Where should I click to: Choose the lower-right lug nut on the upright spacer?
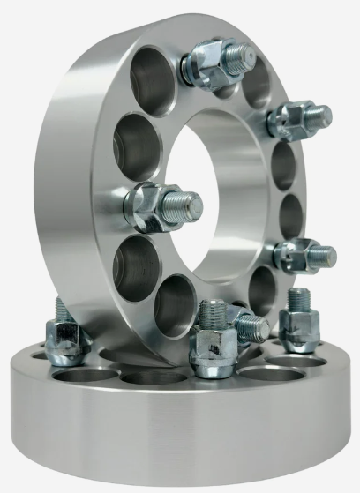[296, 256]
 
